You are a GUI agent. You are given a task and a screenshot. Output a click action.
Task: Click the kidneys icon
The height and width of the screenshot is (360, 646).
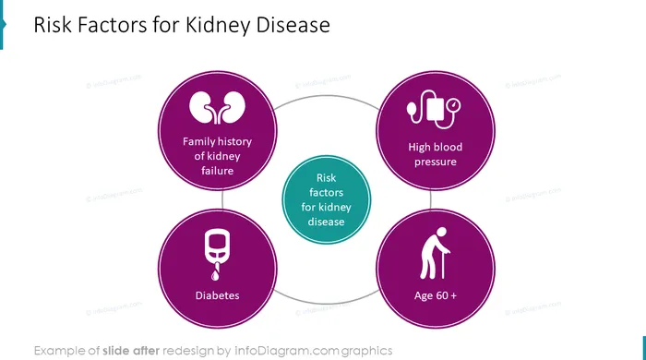(x=217, y=107)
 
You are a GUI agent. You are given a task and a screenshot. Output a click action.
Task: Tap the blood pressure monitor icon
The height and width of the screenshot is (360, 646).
(x=434, y=109)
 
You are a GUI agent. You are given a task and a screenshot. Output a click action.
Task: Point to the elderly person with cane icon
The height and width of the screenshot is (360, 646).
(x=435, y=253)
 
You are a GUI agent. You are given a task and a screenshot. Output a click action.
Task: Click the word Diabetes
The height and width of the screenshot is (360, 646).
(x=217, y=295)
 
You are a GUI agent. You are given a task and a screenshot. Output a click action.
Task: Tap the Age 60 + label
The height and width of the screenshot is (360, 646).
(x=436, y=295)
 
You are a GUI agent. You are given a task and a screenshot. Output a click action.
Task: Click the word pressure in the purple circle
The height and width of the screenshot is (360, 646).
(x=435, y=162)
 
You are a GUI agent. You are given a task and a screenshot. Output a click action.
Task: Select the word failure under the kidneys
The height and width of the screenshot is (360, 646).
(x=217, y=171)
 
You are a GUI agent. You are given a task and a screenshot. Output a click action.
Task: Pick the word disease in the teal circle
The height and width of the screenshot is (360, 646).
(x=326, y=222)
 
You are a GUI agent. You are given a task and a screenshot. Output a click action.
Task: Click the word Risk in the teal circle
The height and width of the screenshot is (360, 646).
(x=326, y=178)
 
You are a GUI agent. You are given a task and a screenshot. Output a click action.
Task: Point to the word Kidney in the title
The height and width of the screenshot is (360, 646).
(x=218, y=25)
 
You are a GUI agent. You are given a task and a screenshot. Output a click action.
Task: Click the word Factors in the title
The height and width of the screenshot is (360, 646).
(x=112, y=25)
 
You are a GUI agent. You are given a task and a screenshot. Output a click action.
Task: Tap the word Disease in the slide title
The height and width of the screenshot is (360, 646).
(x=293, y=25)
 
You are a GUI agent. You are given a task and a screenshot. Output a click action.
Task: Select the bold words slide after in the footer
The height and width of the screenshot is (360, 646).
(x=131, y=351)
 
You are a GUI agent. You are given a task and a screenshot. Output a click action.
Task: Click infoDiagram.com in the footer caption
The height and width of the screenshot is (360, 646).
(x=286, y=351)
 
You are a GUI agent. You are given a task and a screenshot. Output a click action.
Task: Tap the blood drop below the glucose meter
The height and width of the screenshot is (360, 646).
(x=215, y=275)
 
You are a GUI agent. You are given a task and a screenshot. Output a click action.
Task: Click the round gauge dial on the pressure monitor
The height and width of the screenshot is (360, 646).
(x=454, y=104)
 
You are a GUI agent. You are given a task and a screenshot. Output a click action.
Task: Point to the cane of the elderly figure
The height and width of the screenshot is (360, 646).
(x=443, y=264)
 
